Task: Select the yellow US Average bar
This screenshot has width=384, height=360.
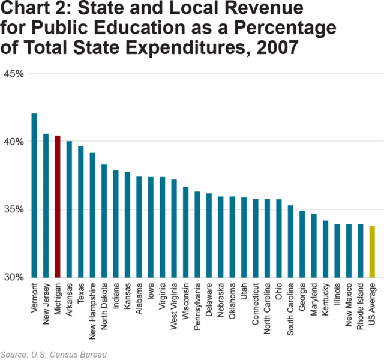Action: point(372,251)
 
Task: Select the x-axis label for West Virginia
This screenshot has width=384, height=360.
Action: point(174,305)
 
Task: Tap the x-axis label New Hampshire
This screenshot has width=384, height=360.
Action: point(92,308)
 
